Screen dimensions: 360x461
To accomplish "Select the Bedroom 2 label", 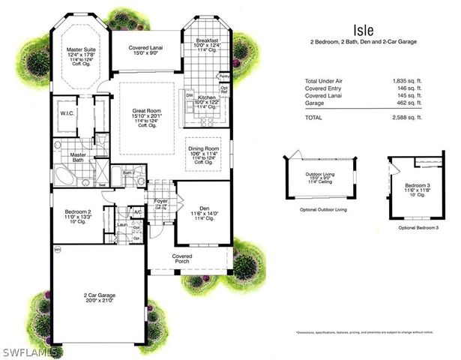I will pos(78,212).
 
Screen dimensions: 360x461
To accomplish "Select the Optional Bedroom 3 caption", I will pos(418,226).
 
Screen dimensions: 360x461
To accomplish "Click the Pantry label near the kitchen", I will pos(223,76).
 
